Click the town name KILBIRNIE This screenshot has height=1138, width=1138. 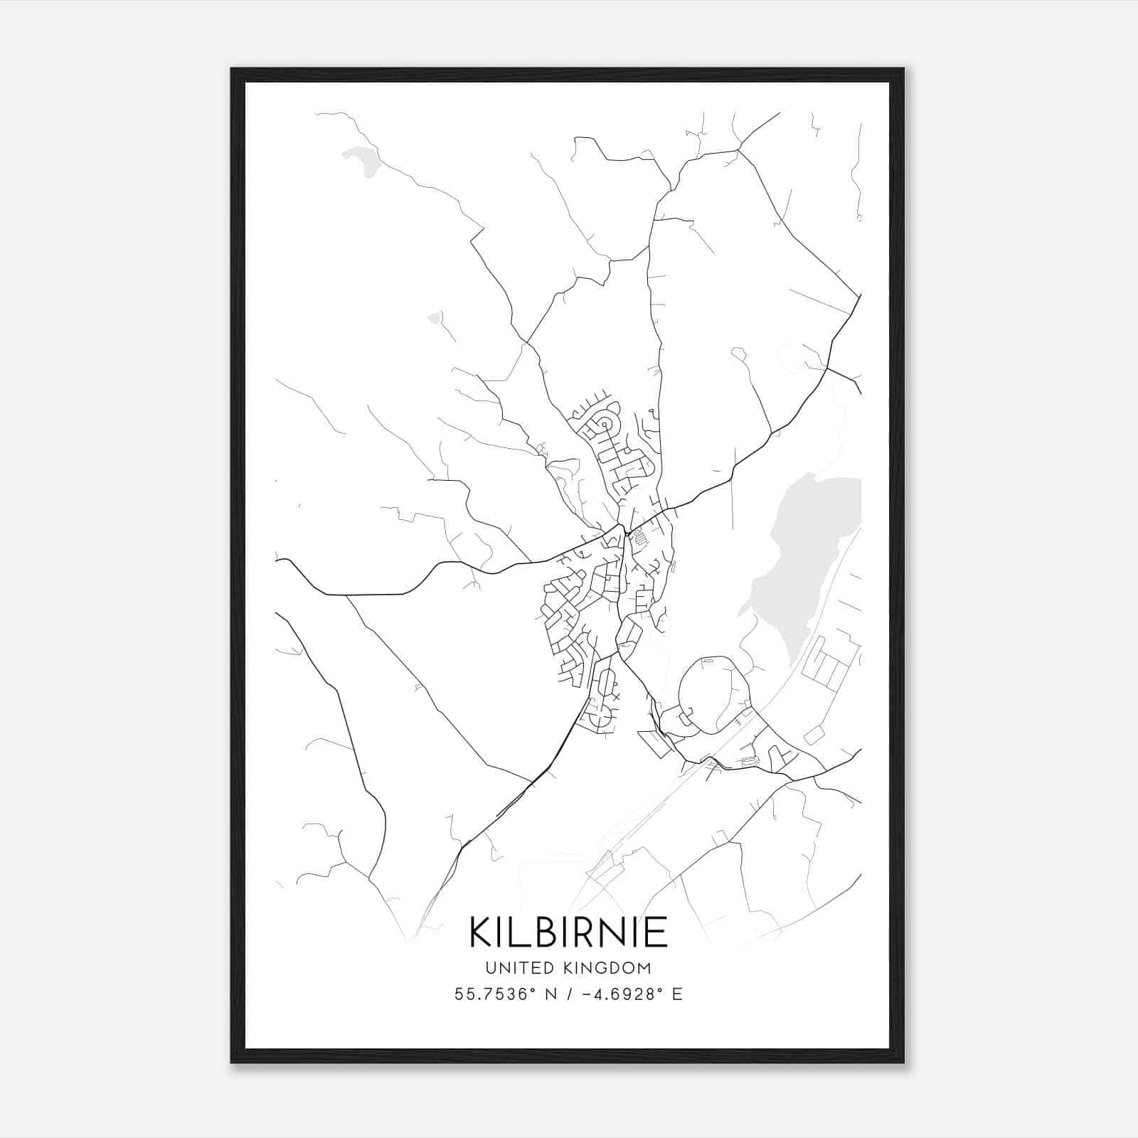pos(568,932)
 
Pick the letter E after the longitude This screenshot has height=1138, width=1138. pos(677,994)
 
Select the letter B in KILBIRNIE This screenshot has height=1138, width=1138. pos(543,932)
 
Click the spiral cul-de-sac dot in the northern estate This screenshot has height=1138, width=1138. pos(605,425)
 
